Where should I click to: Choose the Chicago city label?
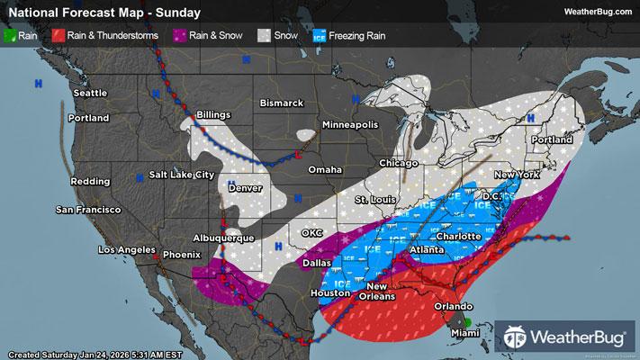pyautogui.click(x=398, y=163)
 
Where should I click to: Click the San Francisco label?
pyautogui.click(x=88, y=210)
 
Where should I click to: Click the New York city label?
pyautogui.click(x=517, y=174)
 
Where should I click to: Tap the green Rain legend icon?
pyautogui.click(x=10, y=37)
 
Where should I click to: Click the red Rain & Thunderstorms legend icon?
pyautogui.click(x=56, y=37)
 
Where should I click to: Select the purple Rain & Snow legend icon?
pyautogui.click(x=180, y=37)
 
